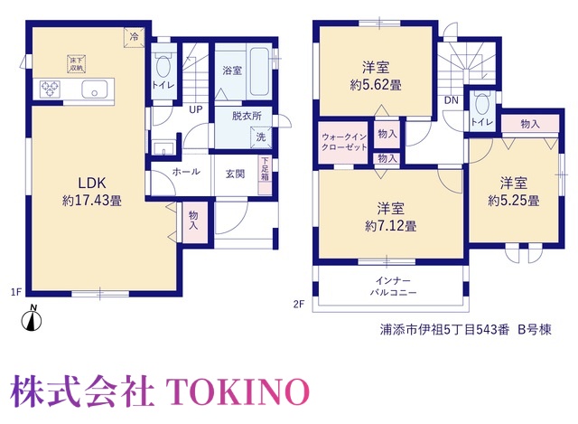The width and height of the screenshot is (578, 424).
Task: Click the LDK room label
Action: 92,183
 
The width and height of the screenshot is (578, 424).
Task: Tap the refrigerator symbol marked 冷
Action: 134,37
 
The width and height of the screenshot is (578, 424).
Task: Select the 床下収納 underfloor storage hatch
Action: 76,64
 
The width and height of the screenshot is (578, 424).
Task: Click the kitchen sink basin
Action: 94,89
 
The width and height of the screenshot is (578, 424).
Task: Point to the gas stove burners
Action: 51,89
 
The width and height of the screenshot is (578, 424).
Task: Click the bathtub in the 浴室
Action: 259,71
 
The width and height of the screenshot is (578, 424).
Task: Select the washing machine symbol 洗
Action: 261,137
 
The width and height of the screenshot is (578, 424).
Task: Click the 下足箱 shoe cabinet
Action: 265,175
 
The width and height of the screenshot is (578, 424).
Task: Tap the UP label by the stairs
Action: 196,109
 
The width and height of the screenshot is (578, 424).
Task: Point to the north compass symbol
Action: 32,318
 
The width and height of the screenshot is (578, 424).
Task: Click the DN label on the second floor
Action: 452,100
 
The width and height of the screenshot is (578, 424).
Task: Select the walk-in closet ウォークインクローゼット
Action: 343,142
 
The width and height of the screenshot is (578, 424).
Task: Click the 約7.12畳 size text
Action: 391,226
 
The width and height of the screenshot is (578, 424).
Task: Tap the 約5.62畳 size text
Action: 376,85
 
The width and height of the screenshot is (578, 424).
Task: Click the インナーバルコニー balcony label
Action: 393,287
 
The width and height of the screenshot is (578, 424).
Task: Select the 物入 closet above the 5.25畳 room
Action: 530,124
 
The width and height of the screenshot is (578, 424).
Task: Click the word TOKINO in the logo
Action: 238,391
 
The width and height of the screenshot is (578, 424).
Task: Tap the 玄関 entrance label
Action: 235,174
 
